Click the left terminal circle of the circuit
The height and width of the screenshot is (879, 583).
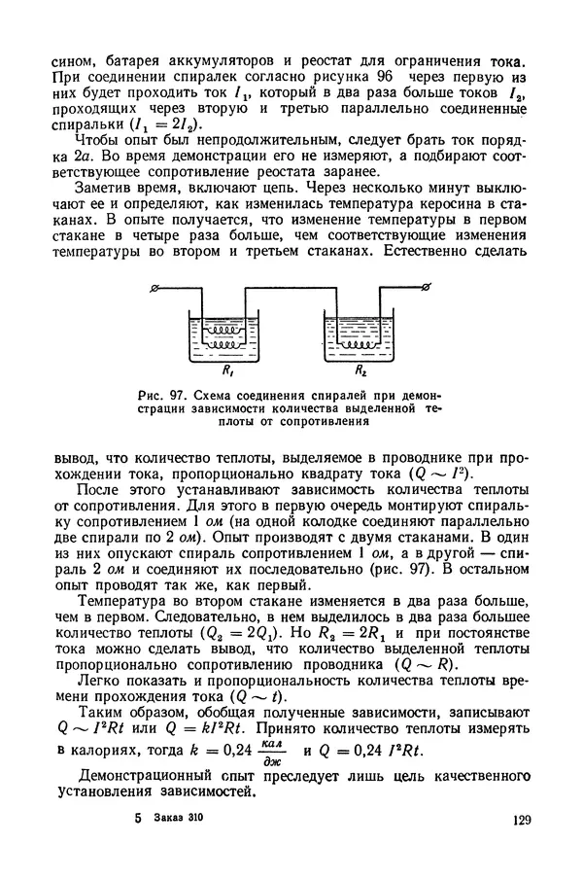tap(156, 289)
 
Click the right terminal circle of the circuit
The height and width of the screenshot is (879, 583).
tap(426, 288)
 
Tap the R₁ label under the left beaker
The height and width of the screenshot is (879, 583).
tap(227, 370)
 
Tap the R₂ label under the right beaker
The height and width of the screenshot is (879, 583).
tap(360, 370)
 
